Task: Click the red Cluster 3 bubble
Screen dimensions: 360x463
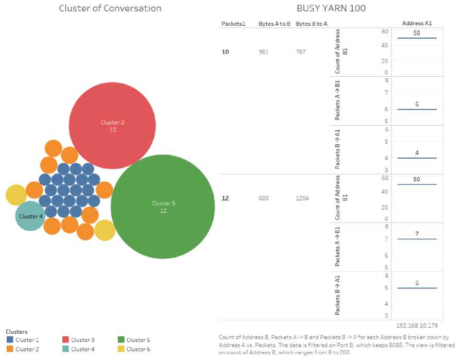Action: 112,125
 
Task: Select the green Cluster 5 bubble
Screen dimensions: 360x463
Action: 163,207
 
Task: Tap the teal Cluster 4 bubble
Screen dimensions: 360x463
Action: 30,216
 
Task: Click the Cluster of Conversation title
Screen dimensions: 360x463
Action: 110,8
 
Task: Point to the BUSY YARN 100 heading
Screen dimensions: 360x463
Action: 331,8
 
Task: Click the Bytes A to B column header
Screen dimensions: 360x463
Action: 275,24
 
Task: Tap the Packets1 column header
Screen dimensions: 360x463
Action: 233,24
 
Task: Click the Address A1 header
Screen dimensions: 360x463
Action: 417,23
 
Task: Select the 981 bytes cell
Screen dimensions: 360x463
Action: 264,52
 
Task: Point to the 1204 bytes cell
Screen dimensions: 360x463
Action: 302,198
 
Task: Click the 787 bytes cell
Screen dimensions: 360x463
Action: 302,52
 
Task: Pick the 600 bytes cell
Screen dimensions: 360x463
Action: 264,198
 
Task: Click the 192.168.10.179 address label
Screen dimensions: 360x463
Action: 417,326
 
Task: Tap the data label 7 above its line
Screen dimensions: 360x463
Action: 417,234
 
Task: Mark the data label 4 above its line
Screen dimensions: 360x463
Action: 417,153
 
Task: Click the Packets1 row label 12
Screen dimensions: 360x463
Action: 225,198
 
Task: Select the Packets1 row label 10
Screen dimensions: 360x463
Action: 225,52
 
